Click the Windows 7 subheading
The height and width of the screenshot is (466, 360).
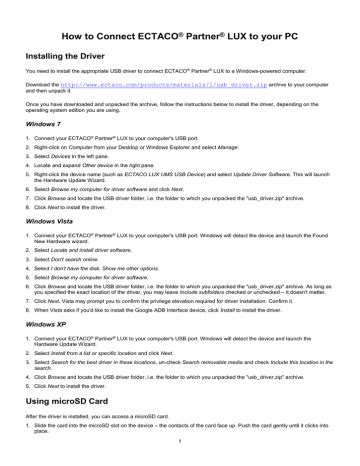(43, 124)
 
